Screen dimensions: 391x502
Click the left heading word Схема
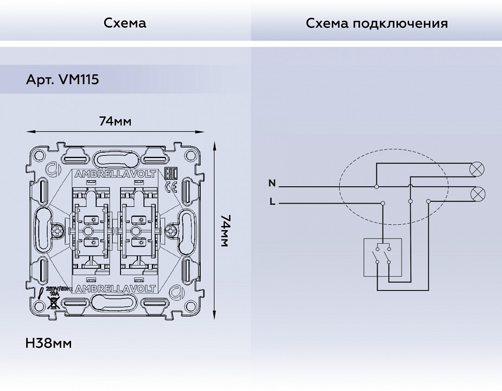125,23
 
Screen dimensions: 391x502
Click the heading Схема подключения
377,23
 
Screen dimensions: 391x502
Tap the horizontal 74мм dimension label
115,121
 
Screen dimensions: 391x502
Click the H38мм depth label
49,343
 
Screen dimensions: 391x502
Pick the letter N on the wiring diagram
272,183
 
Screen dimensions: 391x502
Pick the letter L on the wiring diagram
272,202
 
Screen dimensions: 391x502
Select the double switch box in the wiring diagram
382,257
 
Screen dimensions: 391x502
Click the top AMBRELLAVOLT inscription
115,174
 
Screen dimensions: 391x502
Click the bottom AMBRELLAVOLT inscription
115,288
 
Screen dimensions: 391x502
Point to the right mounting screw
172,231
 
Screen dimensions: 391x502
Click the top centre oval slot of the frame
115,160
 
